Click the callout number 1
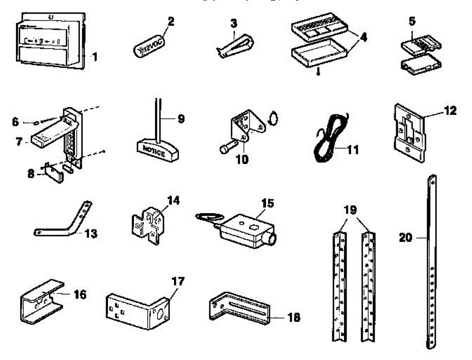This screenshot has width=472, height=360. click(x=94, y=57)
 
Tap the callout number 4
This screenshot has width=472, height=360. click(x=363, y=38)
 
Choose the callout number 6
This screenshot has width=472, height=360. click(x=15, y=122)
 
